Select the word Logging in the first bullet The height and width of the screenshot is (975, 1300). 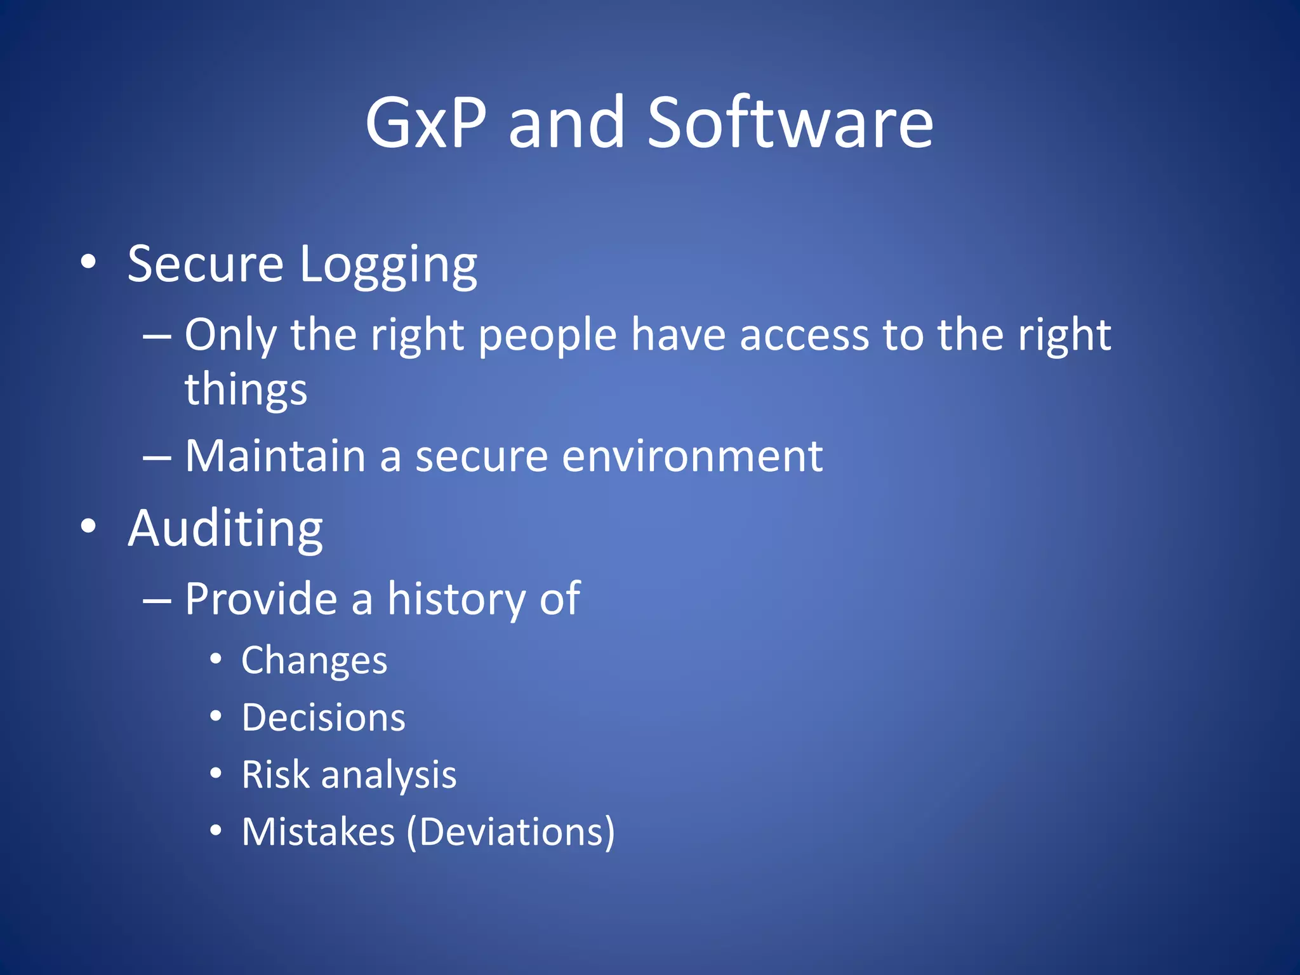[388, 265]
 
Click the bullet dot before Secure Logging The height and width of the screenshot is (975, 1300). [89, 262]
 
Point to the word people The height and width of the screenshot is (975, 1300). [547, 335]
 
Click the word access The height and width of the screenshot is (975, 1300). [804, 335]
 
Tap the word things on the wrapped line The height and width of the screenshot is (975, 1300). [246, 389]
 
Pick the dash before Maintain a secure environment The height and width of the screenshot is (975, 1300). [157, 457]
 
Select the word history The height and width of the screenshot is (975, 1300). [456, 599]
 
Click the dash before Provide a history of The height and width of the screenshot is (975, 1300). [157, 600]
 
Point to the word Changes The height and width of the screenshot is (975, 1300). [314, 661]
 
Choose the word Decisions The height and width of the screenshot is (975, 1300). [323, 718]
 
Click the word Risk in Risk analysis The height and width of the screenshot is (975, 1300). [275, 775]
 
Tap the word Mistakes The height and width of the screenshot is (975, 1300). [318, 832]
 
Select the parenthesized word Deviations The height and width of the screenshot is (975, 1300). [511, 832]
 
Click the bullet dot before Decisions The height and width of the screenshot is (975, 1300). [216, 717]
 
